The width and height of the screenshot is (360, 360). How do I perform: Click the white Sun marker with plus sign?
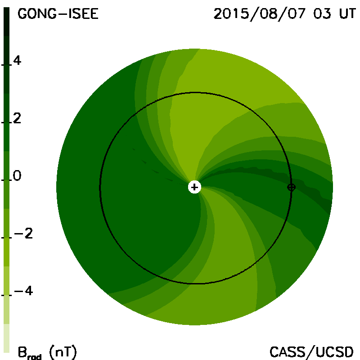coord(194,187)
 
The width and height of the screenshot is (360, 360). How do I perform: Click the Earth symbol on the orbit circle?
coord(291,187)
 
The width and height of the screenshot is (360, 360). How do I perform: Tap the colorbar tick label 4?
coord(17,61)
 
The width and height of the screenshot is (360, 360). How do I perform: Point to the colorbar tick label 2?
coord(17,118)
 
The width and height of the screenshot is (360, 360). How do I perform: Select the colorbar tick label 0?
coord(17,176)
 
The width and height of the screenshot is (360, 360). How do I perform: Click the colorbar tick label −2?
coord(23,234)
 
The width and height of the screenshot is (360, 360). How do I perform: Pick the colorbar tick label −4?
coord(23,291)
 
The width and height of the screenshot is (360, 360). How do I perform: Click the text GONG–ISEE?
coord(58,14)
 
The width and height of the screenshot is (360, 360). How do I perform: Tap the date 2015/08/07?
coord(260,14)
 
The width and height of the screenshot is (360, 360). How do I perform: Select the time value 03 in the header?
coord(322,14)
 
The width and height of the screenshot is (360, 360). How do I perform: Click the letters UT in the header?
coord(347,14)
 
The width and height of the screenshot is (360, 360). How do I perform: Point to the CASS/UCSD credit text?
coord(311,352)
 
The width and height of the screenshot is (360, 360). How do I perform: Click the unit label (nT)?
coord(63,352)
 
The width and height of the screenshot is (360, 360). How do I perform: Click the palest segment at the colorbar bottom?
coord(6,338)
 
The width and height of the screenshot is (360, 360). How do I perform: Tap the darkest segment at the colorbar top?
coord(6,22)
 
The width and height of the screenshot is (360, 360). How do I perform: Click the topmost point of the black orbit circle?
coord(195,92)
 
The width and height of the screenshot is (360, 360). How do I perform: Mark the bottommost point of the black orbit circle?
coord(195,284)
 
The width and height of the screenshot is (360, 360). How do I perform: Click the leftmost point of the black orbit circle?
coord(100,187)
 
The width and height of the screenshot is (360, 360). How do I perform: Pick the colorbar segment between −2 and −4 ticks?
coord(6,266)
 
